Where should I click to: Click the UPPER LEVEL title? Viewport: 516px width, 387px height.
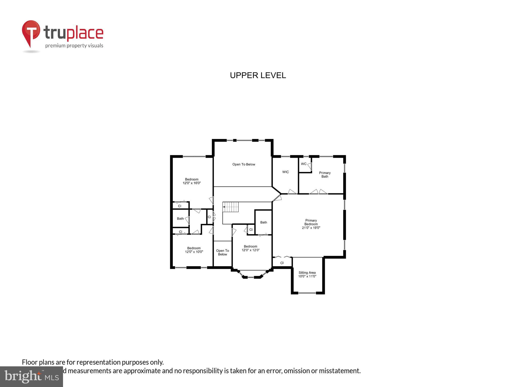coord(258,75)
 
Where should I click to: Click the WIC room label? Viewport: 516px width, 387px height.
coord(285,172)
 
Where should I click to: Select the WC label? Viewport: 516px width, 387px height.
coord(303,164)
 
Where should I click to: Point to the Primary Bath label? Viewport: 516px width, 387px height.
coord(325,175)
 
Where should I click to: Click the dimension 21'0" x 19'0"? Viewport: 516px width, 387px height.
coord(311,228)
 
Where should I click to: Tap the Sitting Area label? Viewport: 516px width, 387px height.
coord(307,273)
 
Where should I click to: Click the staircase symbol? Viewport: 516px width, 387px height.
coord(231,207)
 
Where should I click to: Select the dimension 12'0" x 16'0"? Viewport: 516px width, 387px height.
coord(192,183)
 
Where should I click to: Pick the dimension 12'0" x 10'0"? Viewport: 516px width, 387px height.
coord(194,252)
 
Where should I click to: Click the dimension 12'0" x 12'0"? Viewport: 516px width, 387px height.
coord(250,250)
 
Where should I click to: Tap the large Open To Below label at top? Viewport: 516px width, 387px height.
coord(244,165)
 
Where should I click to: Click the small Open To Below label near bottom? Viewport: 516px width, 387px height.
coord(222,252)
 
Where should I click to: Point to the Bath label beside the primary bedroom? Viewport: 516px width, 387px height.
coord(263,222)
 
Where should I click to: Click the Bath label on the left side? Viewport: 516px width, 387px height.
coord(180,219)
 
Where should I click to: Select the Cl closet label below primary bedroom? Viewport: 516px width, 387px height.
coord(282,263)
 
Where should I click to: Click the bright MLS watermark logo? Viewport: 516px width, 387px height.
coord(32,376)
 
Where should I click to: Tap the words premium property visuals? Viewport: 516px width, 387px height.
coord(74,46)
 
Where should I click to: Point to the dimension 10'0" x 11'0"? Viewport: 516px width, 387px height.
coord(307,276)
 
